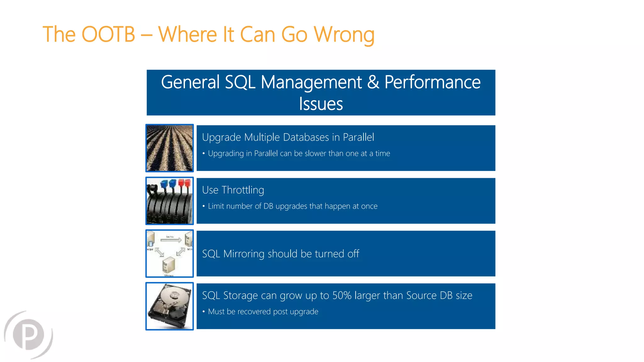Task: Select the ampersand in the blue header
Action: pyautogui.click(x=373, y=82)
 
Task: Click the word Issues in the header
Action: pyautogui.click(x=321, y=104)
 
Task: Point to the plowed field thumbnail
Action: pyautogui.click(x=169, y=148)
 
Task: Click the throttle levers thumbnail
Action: pyautogui.click(x=169, y=201)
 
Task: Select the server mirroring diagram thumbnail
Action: pyautogui.click(x=169, y=254)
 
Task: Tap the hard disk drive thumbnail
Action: pyautogui.click(x=169, y=306)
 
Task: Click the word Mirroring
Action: pyautogui.click(x=244, y=254)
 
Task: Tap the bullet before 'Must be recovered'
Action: pyautogui.click(x=204, y=311)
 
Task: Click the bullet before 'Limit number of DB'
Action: pyautogui.click(x=204, y=206)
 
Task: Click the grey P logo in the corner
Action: pyautogui.click(x=28, y=335)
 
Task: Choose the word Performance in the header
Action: pyautogui.click(x=432, y=82)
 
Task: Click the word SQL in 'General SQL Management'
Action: pyautogui.click(x=240, y=82)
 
